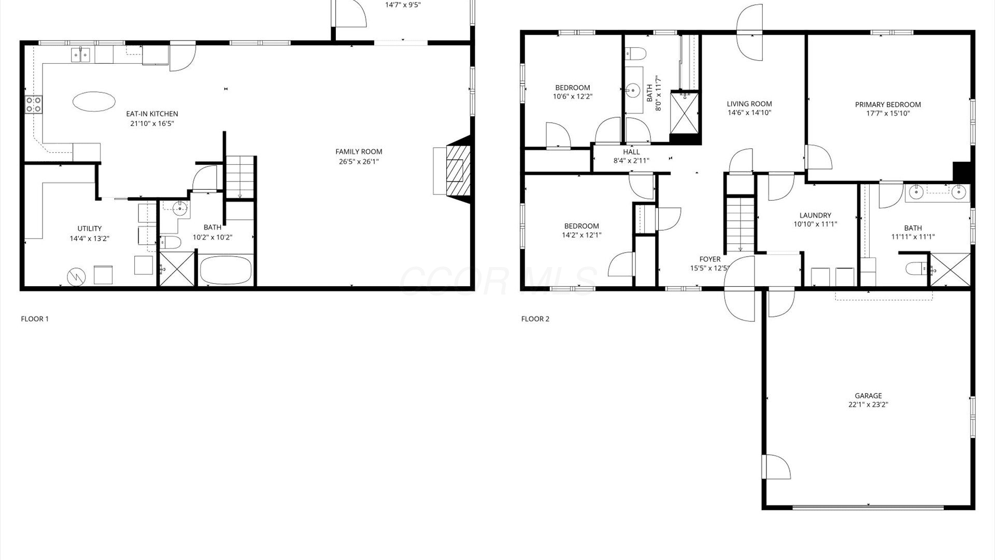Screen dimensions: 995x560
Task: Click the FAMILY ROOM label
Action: tap(359, 152)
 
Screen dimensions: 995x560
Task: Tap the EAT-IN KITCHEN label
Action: tap(152, 114)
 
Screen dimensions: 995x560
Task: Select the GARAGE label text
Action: tap(868, 396)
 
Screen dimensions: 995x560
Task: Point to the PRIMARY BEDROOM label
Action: tap(888, 105)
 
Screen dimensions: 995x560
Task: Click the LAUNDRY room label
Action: tap(815, 216)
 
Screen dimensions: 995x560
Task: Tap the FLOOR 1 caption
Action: tap(35, 319)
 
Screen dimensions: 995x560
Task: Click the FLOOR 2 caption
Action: tap(535, 319)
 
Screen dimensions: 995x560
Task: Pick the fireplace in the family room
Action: tap(452, 170)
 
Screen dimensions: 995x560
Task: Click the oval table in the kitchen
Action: tap(94, 101)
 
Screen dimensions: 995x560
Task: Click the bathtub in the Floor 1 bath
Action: tap(226, 270)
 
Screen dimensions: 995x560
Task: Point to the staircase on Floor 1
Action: tap(240, 177)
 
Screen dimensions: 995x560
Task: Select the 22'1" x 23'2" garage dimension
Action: tap(868, 405)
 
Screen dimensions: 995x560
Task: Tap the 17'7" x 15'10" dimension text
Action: tap(888, 114)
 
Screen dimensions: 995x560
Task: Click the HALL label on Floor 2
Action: tap(631, 152)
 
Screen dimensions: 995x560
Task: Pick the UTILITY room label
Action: tap(90, 229)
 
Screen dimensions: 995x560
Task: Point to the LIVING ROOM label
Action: tap(749, 104)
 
